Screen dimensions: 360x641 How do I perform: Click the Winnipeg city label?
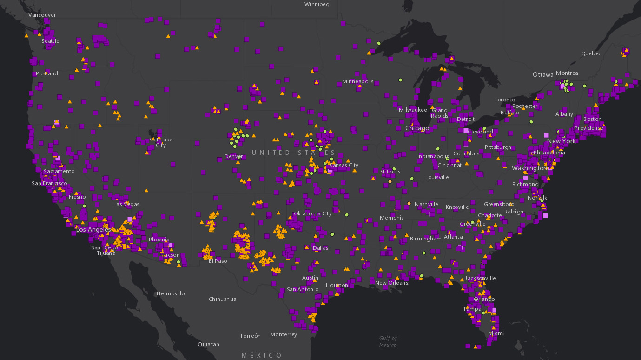pos(317,4)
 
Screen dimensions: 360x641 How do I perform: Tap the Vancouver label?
pos(42,15)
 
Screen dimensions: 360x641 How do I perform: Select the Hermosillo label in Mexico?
pos(171,293)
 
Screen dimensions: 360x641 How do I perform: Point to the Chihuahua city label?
pos(222,299)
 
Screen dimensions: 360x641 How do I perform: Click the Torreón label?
pos(250,336)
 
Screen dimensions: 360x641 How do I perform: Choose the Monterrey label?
pos(283,334)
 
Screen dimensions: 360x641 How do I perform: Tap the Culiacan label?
pos(208,344)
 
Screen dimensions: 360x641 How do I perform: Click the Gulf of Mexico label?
pos(388,341)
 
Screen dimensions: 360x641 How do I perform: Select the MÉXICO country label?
pos(262,355)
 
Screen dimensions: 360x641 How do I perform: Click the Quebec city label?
pos(591,53)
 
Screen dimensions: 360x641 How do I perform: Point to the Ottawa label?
pos(543,74)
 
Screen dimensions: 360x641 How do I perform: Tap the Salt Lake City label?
pos(160,142)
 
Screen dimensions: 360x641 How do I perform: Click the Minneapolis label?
pos(357,81)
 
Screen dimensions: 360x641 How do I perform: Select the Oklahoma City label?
pos(312,213)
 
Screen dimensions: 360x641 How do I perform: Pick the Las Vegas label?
pos(126,204)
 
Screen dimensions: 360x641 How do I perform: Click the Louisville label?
pos(437,177)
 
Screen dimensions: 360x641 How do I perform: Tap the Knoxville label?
pos(457,207)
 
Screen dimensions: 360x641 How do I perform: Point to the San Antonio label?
pos(302,289)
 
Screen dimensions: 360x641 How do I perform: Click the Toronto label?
pos(504,100)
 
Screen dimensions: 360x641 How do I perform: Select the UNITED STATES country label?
pos(293,153)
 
